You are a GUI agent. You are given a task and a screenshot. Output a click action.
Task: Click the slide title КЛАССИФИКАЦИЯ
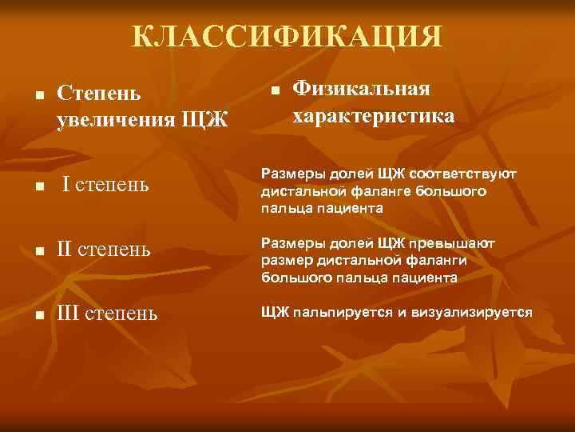point(287,37)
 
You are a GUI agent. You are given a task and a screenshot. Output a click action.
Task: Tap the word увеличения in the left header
point(116,121)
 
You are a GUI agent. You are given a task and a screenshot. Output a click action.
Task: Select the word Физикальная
point(361,88)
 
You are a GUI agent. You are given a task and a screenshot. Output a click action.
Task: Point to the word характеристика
point(374,116)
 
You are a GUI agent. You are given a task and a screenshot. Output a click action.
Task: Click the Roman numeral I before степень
point(68,186)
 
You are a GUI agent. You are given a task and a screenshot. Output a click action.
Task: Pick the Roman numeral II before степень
point(65,250)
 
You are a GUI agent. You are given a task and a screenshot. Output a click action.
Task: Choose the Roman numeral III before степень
point(69,312)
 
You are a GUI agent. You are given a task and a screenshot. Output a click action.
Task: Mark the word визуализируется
point(471,311)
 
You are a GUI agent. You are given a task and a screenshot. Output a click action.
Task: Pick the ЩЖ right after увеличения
point(205,121)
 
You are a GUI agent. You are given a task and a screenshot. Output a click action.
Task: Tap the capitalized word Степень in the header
point(99,93)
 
